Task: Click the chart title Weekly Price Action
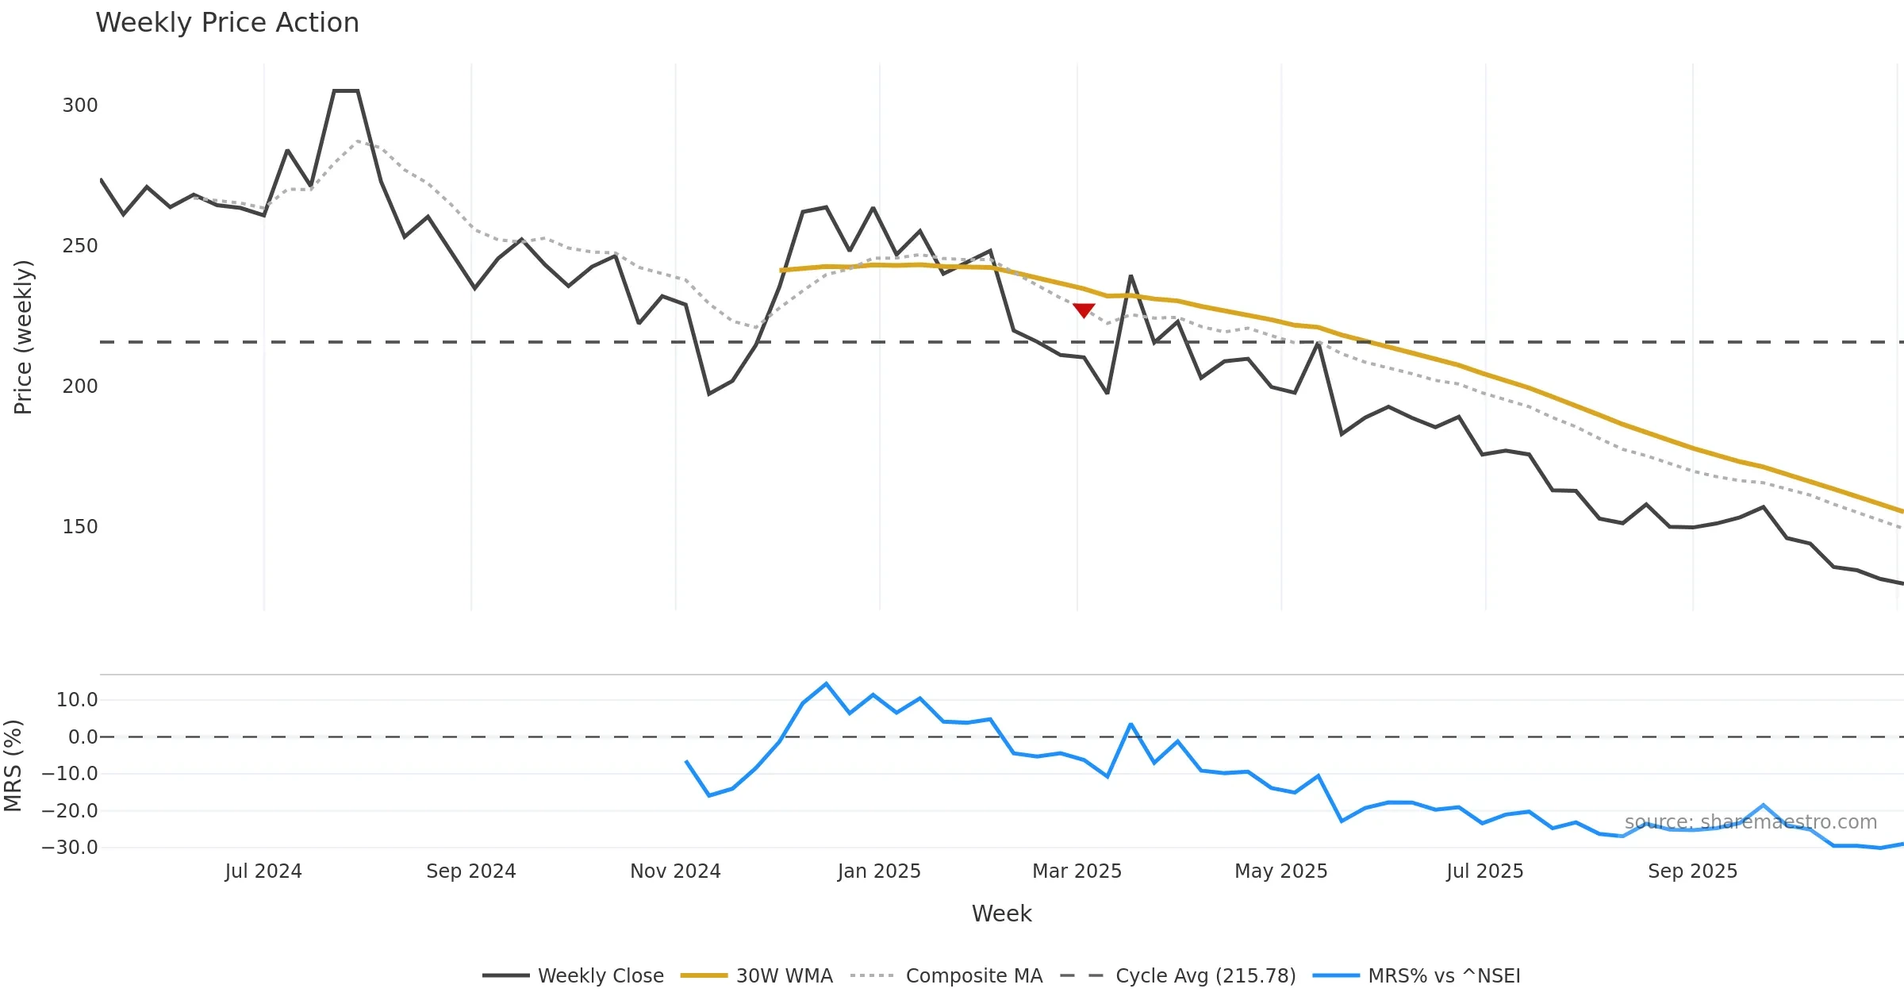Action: tap(227, 23)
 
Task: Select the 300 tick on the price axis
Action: tap(80, 106)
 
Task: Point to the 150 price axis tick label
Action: tap(80, 527)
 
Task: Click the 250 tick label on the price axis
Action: tap(80, 246)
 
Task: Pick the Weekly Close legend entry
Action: tap(574, 975)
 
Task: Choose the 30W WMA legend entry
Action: tap(758, 975)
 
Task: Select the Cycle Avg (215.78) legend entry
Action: tap(1178, 975)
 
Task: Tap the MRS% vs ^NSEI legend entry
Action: tap(1417, 975)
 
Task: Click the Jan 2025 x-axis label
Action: tap(879, 871)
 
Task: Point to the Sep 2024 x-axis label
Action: tap(471, 871)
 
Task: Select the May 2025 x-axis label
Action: tap(1281, 871)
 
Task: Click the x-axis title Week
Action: tap(1002, 913)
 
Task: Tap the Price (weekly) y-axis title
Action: tap(23, 337)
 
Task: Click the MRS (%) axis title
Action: tap(13, 766)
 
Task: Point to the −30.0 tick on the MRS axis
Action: tap(70, 848)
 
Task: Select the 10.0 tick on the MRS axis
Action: tap(77, 700)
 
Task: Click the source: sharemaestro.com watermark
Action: tap(1751, 822)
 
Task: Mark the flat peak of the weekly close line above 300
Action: tap(346, 91)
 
